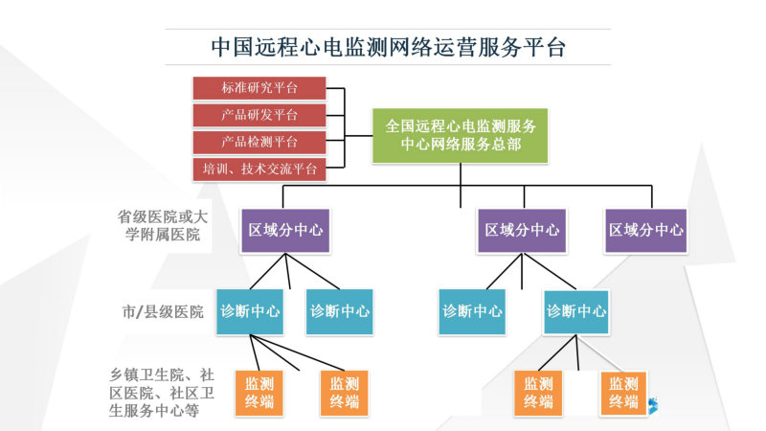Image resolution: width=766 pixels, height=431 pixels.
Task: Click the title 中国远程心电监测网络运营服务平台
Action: [x=389, y=47]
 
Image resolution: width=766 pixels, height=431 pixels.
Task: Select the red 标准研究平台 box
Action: [x=259, y=88]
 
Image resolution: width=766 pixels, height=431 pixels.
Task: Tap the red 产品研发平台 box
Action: [x=259, y=115]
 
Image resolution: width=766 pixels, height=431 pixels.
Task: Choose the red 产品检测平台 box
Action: [x=259, y=142]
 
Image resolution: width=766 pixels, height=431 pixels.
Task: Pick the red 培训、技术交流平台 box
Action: [x=259, y=170]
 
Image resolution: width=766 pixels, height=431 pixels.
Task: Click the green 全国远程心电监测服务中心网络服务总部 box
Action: [x=460, y=135]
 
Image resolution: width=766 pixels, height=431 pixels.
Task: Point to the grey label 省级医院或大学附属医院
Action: [x=162, y=225]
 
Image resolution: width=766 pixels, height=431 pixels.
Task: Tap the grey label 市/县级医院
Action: [x=163, y=312]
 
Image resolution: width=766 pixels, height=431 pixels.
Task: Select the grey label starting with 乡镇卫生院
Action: [x=162, y=393]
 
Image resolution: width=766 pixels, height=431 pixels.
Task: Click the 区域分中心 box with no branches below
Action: [x=645, y=230]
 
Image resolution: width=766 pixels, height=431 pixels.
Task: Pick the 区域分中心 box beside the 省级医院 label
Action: [x=285, y=230]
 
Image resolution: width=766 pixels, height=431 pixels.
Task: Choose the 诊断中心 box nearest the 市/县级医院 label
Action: [x=250, y=312]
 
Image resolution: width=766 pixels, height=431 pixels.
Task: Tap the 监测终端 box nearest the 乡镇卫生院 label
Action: [x=259, y=394]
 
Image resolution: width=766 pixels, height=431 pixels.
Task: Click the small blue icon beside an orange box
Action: [x=653, y=405]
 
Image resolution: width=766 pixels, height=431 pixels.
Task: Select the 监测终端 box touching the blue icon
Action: [x=623, y=394]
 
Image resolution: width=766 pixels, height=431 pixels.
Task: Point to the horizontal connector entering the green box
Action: [x=358, y=135]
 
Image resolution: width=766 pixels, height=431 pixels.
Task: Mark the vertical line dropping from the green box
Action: [x=461, y=185]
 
